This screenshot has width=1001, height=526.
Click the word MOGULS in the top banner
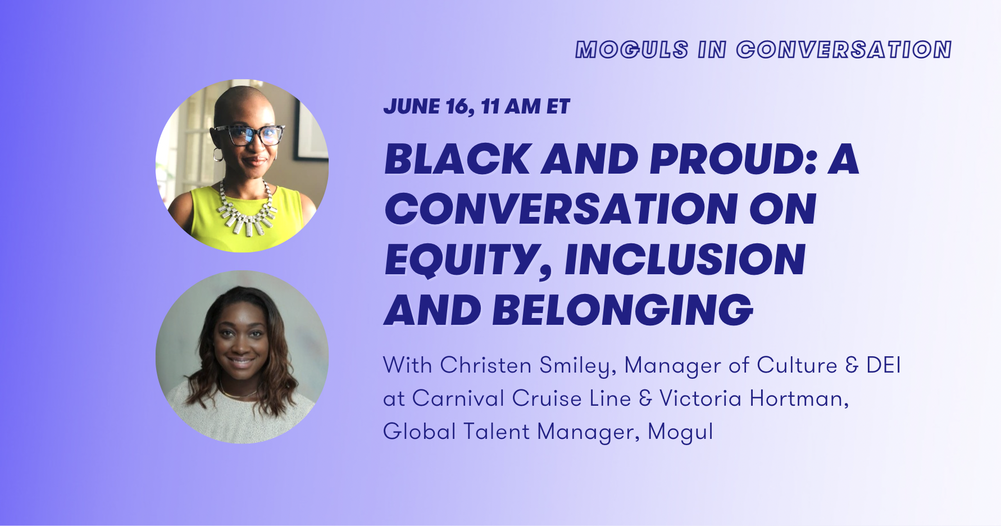(x=632, y=49)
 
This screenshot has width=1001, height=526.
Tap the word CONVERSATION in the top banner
(x=844, y=49)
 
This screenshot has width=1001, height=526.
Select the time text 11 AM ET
(x=525, y=106)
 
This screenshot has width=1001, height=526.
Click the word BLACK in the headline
(x=458, y=159)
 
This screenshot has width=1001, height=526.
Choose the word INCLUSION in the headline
(x=685, y=260)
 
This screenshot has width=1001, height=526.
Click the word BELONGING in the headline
(x=622, y=310)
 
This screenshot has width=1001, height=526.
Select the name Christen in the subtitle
(x=486, y=365)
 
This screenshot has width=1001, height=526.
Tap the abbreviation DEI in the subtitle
(x=884, y=365)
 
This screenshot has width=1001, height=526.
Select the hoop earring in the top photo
(x=218, y=154)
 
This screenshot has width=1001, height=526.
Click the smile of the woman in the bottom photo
(x=241, y=362)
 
